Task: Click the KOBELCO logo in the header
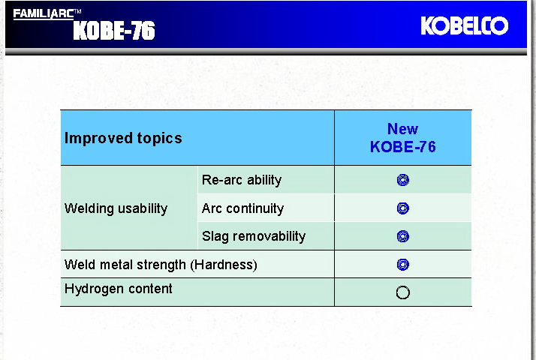pyautogui.click(x=464, y=26)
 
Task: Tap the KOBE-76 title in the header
pyautogui.click(x=114, y=31)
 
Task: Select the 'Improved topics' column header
pyautogui.click(x=123, y=138)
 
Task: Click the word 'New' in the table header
pyautogui.click(x=402, y=129)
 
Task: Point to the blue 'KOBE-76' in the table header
pyautogui.click(x=402, y=147)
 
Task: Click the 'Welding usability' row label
pyautogui.click(x=116, y=208)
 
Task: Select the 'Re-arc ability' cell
pyautogui.click(x=242, y=180)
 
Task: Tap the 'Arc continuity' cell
pyautogui.click(x=242, y=208)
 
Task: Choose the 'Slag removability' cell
pyautogui.click(x=254, y=236)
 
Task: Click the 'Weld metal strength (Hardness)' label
pyautogui.click(x=161, y=265)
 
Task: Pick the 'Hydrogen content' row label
pyautogui.click(x=118, y=289)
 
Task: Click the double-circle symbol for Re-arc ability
pyautogui.click(x=403, y=180)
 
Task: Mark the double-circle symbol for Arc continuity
pyautogui.click(x=403, y=208)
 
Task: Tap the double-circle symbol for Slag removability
pyautogui.click(x=403, y=236)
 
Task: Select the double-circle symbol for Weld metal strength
pyautogui.click(x=403, y=265)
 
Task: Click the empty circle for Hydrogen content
pyautogui.click(x=403, y=292)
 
